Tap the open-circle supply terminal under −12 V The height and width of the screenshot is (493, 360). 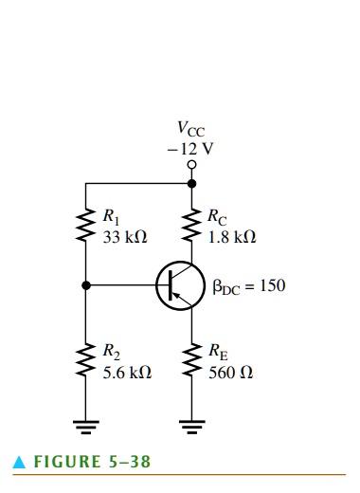point(192,163)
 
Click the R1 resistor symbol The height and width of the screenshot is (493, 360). point(86,225)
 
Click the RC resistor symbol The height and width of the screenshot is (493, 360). point(192,225)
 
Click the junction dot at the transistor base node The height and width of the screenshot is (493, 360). point(86,285)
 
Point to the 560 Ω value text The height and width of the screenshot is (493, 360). point(230,373)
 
